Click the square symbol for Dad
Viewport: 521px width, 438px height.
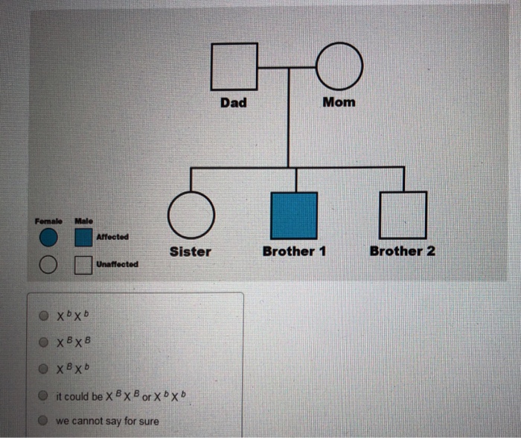pyautogui.click(x=234, y=67)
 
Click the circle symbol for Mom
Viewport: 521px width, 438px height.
pyautogui.click(x=340, y=67)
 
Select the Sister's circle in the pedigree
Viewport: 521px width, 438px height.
pyautogui.click(x=191, y=215)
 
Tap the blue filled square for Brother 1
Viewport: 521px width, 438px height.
pyautogui.click(x=294, y=215)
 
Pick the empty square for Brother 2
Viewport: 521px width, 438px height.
pyautogui.click(x=403, y=215)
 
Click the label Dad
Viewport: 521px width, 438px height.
pyautogui.click(x=234, y=103)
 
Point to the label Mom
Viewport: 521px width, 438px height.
pyautogui.click(x=339, y=102)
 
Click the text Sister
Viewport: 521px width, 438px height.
pyautogui.click(x=191, y=252)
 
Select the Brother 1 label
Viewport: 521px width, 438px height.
pyautogui.click(x=294, y=252)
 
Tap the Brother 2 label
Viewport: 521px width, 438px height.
pyautogui.click(x=403, y=251)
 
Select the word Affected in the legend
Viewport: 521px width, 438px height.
pyautogui.click(x=112, y=237)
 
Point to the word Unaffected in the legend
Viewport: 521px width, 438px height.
pyautogui.click(x=117, y=264)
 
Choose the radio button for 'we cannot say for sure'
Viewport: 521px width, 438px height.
pyautogui.click(x=45, y=421)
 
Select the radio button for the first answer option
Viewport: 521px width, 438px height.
pyautogui.click(x=45, y=315)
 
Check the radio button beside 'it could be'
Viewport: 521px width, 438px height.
pyautogui.click(x=45, y=395)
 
